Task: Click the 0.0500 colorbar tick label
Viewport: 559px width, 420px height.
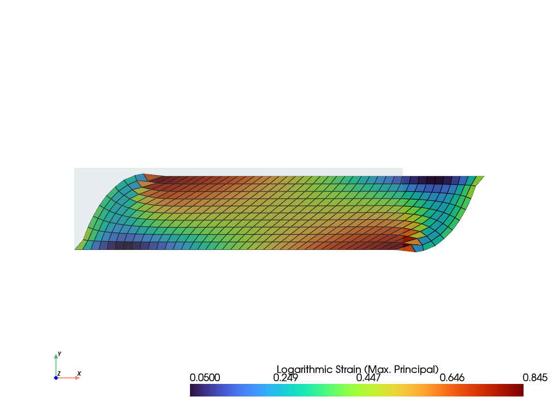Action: coord(205,378)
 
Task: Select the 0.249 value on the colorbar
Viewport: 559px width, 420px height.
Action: coord(285,378)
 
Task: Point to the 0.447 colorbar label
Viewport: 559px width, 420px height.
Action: coord(368,378)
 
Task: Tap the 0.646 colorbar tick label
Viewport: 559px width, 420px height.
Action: coord(451,378)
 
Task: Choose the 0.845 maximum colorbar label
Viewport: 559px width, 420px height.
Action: coord(535,378)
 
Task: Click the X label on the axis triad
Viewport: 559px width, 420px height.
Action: coord(79,374)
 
